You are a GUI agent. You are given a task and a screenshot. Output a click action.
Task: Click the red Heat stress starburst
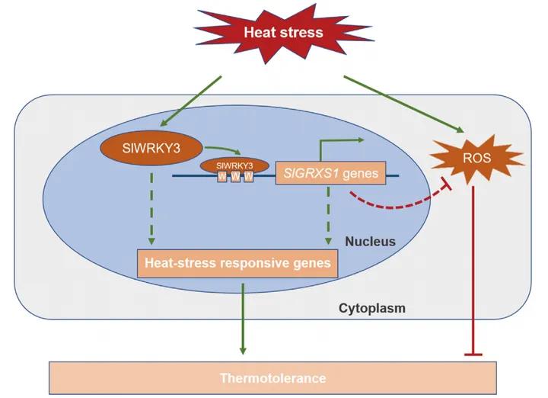(x=283, y=32)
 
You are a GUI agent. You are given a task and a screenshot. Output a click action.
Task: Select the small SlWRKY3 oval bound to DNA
(x=235, y=165)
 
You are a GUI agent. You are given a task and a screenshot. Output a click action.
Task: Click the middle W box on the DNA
(x=236, y=177)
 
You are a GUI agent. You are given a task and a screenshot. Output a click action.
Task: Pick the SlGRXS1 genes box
(x=327, y=174)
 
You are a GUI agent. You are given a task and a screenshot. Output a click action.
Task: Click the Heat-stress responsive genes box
(x=237, y=264)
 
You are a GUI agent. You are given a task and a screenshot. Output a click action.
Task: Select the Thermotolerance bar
(x=272, y=377)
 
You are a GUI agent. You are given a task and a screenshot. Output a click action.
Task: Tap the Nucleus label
(x=371, y=242)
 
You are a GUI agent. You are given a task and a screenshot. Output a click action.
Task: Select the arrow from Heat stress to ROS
(x=403, y=103)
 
